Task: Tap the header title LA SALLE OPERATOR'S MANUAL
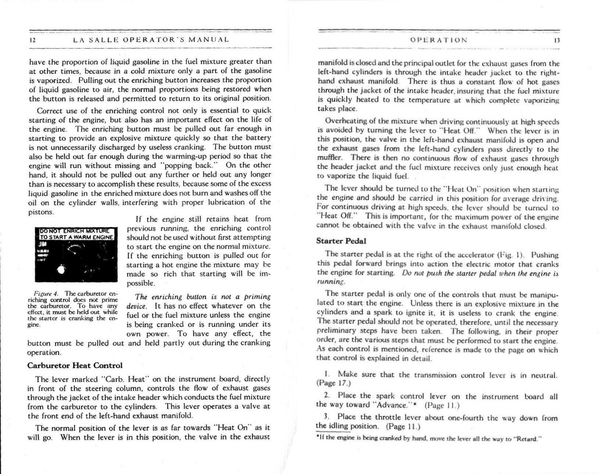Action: coord(151,40)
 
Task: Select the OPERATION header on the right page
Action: coord(438,40)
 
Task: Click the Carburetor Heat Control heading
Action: coord(75,365)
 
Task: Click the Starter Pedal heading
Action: coord(341,240)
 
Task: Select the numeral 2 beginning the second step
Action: coord(326,396)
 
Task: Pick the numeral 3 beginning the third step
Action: coord(326,417)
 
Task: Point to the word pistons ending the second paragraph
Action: coord(41,212)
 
